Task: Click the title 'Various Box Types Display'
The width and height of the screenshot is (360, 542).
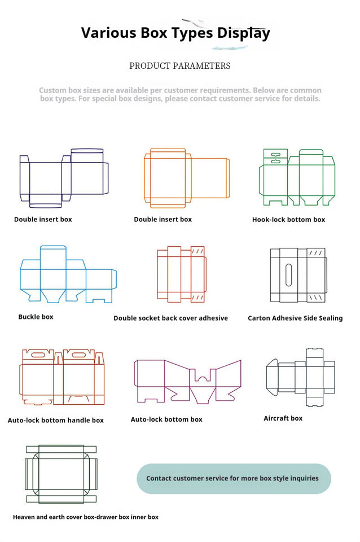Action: coord(175,33)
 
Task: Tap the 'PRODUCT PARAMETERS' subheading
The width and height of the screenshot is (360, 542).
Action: coord(179,66)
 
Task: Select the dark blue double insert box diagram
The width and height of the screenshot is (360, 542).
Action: coord(63,177)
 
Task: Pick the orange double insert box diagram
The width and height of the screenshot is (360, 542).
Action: coord(186,176)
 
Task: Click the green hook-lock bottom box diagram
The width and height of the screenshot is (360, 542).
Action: coord(296,177)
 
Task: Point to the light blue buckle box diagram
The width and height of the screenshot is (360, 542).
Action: coord(68,274)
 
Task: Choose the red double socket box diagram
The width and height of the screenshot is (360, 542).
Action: coord(181,274)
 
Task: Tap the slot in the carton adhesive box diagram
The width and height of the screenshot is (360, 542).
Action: coord(289,274)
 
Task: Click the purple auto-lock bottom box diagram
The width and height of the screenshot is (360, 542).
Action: coord(187,381)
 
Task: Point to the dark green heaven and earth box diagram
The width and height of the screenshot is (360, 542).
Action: coord(61,474)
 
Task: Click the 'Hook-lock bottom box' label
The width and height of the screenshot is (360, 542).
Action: coord(288,220)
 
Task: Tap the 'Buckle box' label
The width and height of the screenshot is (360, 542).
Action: coord(36,317)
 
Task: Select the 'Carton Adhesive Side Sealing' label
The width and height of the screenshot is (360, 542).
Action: coord(295,318)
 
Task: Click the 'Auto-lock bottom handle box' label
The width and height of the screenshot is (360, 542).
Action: coord(56,421)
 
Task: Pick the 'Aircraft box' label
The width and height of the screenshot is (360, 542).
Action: coord(283,418)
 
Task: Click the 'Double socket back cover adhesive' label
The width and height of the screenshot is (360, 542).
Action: coord(170,318)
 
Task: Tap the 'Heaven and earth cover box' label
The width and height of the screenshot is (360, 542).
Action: coord(86,517)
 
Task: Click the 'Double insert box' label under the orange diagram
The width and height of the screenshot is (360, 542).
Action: coord(163,220)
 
